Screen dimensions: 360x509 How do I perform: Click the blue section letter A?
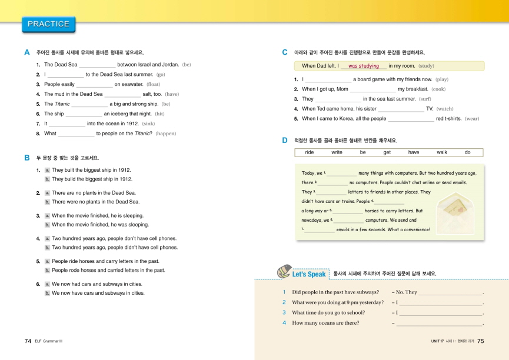(x=27, y=52)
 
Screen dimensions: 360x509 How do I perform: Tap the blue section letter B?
(x=27, y=158)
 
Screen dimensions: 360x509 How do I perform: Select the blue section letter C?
(x=285, y=52)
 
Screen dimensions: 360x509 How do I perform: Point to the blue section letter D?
(x=285, y=140)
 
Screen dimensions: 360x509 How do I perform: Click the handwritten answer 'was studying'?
(x=363, y=66)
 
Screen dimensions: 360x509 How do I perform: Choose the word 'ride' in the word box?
(x=310, y=152)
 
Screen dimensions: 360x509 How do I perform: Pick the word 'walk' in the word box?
(x=442, y=152)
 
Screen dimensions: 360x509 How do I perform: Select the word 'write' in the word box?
(x=337, y=152)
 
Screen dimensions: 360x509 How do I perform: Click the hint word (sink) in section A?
(x=149, y=124)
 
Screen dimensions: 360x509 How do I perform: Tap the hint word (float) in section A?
(x=153, y=84)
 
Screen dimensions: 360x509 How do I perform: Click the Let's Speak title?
(x=308, y=274)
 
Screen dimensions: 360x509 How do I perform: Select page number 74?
(x=28, y=341)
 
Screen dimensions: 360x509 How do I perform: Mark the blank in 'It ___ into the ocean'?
(x=66, y=124)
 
